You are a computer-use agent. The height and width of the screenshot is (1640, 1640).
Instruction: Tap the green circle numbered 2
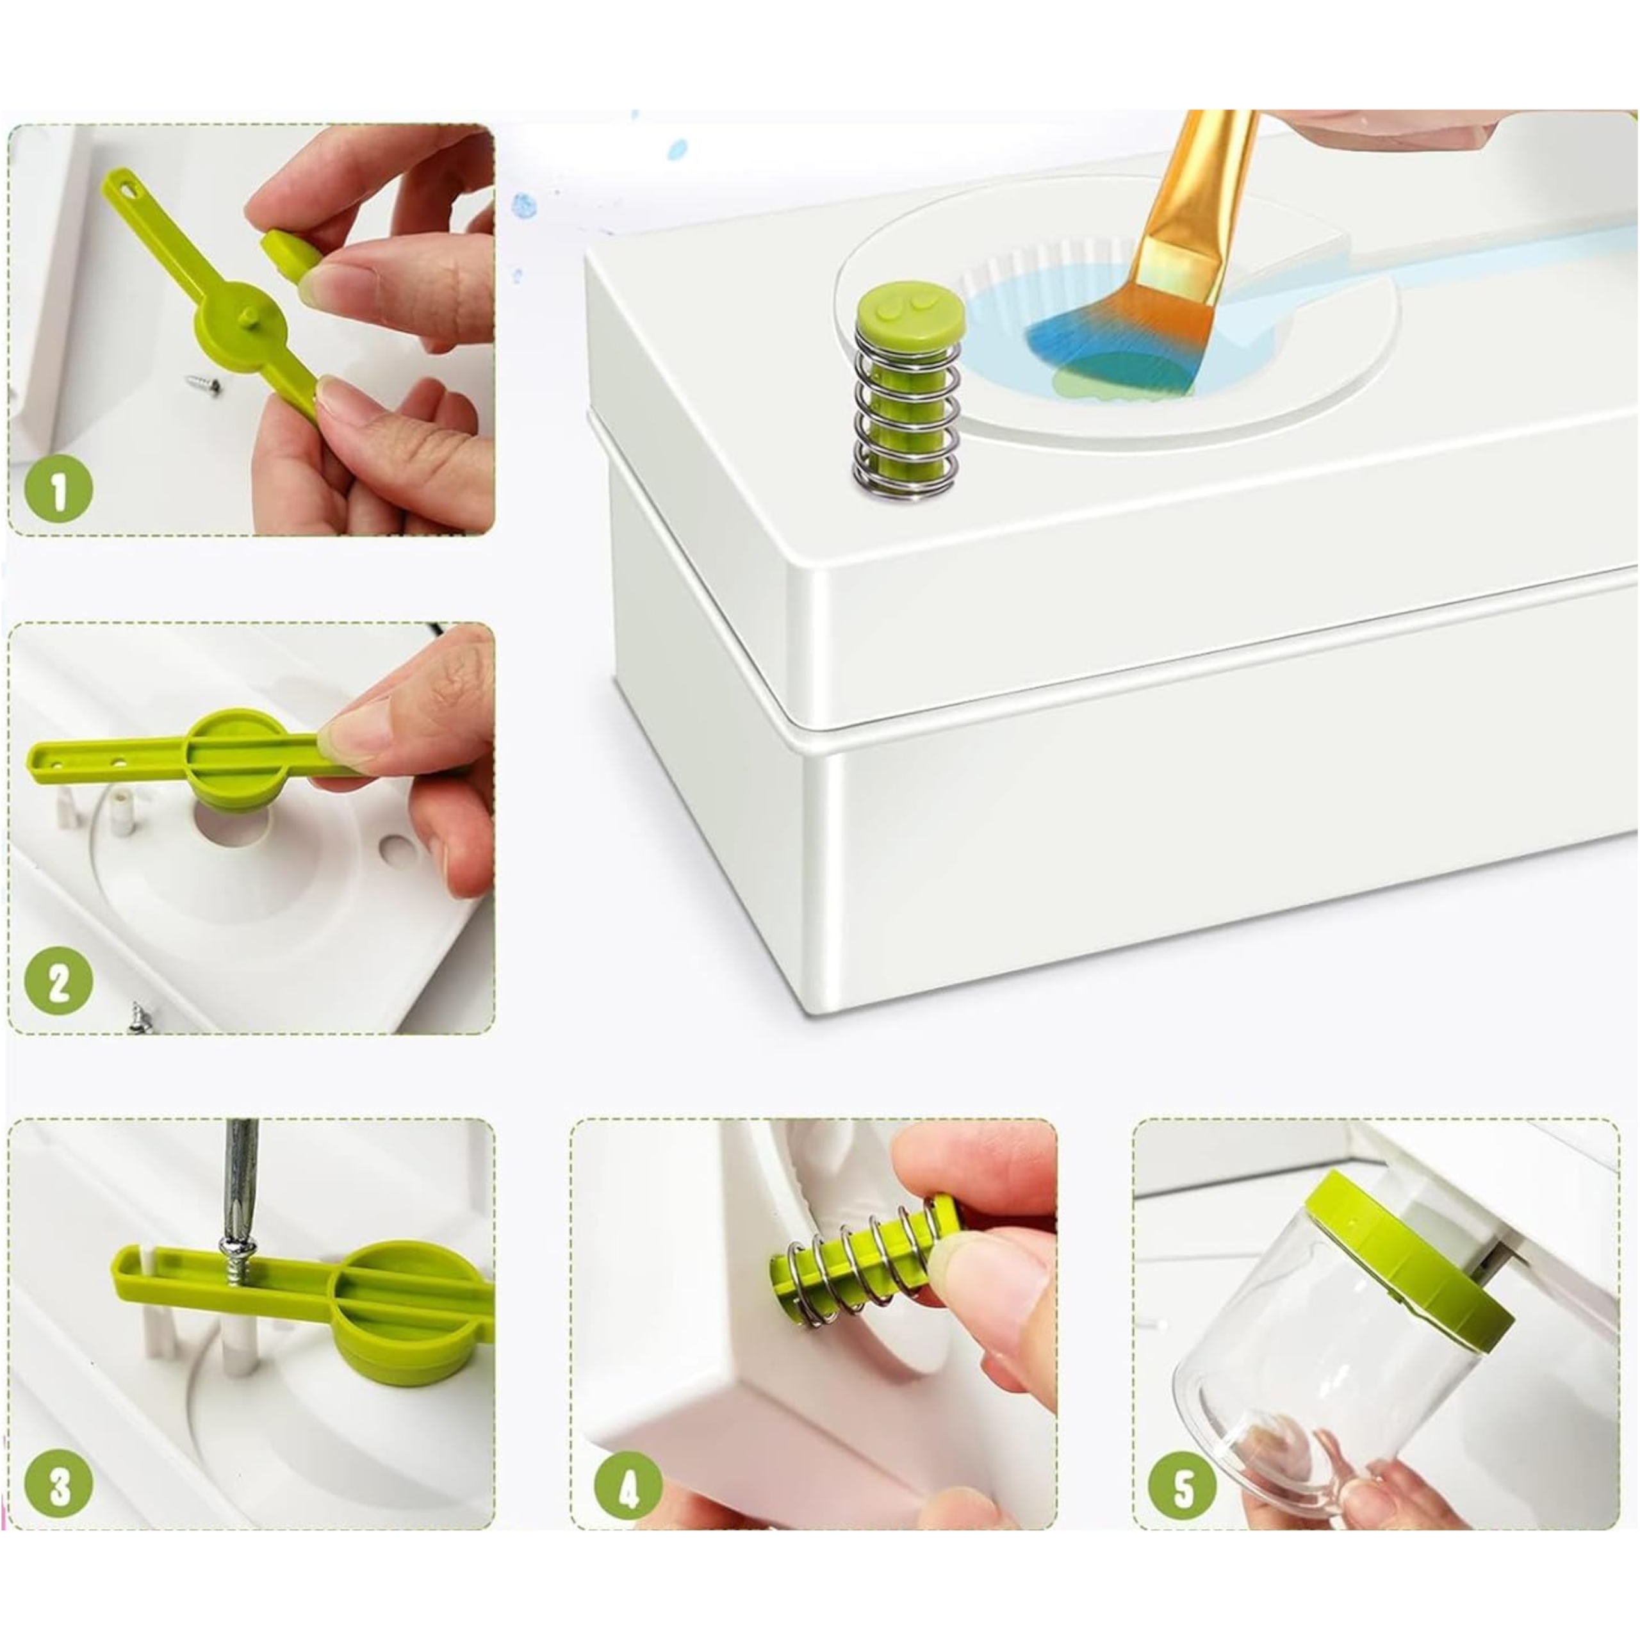58,982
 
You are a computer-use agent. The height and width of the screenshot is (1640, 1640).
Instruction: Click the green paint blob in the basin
1108,373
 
